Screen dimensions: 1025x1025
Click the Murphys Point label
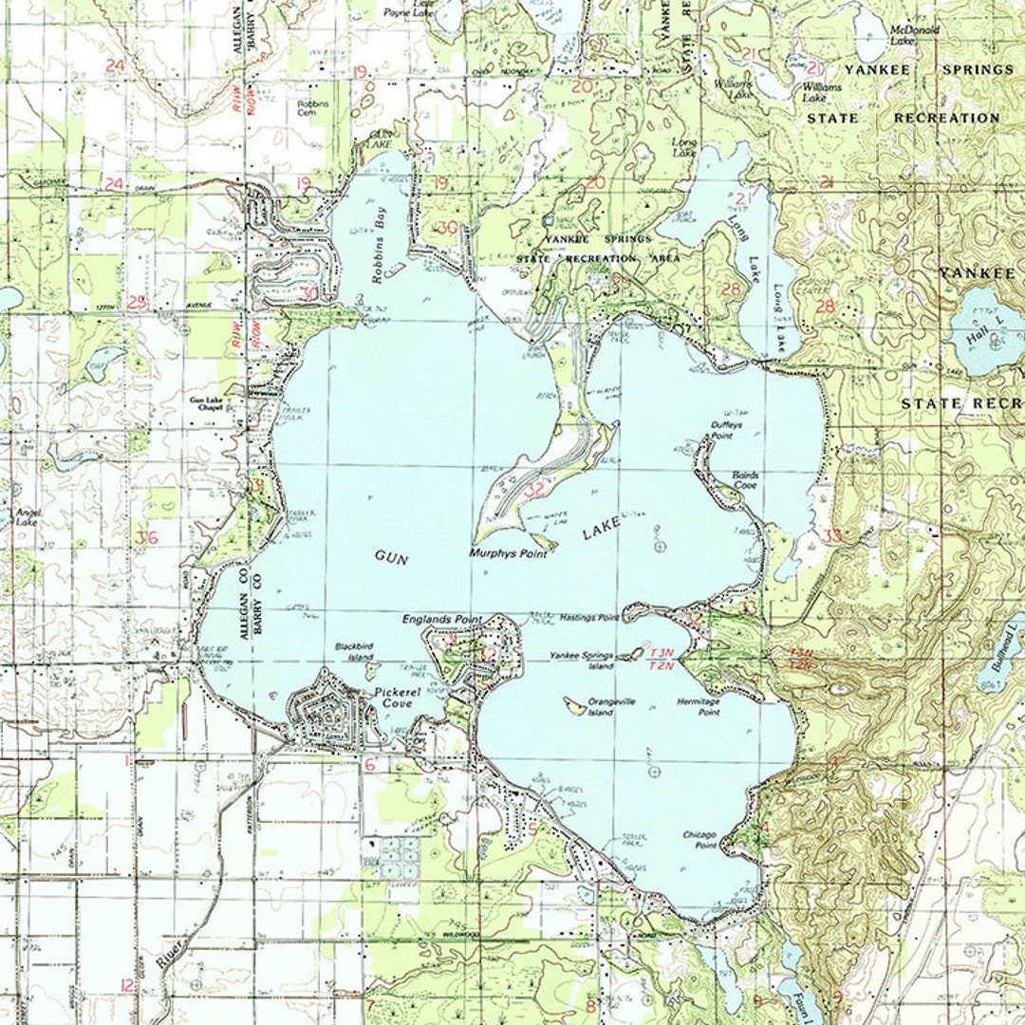(508, 552)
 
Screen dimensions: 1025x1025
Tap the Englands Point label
(441, 619)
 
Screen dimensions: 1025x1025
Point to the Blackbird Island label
(353, 651)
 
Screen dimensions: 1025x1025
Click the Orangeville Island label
(612, 706)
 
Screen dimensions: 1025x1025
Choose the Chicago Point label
(699, 839)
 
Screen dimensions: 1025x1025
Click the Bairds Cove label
(745, 479)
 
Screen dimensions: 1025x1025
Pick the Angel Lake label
(26, 516)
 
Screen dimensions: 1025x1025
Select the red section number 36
(146, 538)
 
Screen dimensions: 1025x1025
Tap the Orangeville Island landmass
(574, 705)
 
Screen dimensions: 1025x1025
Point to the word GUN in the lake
(390, 558)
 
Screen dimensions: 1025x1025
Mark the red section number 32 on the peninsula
(534, 490)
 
